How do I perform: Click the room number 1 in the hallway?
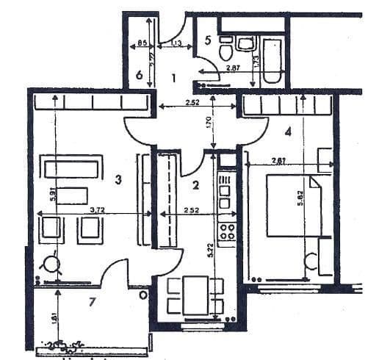[174, 77]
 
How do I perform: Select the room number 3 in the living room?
[118, 179]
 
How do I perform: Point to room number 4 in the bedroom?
[289, 132]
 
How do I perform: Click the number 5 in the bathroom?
[208, 40]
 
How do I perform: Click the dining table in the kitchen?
[195, 293]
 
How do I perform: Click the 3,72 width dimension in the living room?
[96, 209]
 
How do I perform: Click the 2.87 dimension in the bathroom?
[234, 68]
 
